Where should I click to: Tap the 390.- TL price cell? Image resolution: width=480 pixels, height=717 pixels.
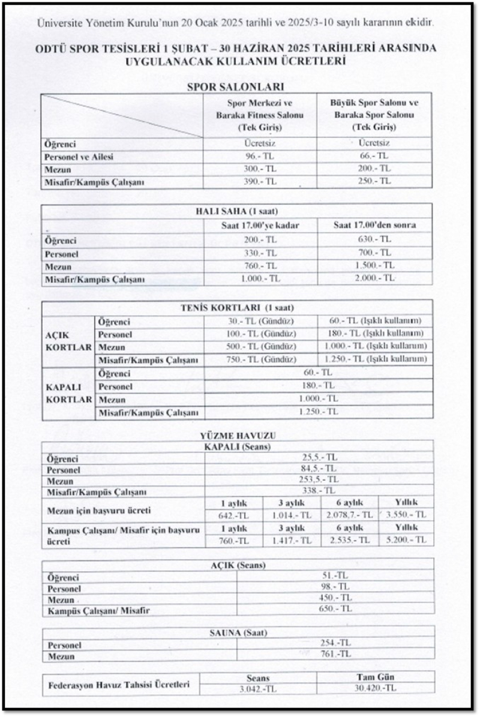pos(260,181)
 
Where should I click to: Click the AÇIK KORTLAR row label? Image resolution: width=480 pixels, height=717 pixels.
pos(68,341)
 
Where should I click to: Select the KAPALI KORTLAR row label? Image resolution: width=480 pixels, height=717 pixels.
pos(68,393)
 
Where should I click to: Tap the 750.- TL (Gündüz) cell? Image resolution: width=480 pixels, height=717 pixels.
pos(260,359)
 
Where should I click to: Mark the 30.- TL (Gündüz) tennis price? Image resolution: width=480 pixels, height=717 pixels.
pos(260,321)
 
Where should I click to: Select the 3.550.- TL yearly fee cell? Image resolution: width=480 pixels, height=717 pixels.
pos(406,515)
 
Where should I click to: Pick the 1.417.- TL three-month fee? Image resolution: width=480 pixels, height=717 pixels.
pos(290,540)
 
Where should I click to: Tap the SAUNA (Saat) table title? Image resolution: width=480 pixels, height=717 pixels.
pos(238,632)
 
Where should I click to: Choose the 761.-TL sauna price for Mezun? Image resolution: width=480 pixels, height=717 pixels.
pos(335,655)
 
